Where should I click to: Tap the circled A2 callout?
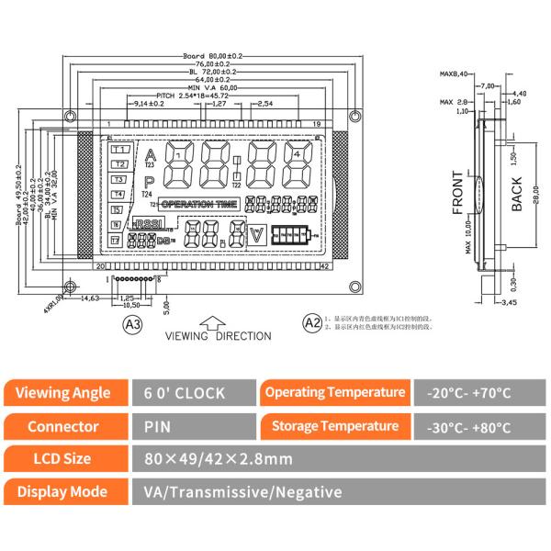tap(311, 321)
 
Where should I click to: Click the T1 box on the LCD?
tap(119, 150)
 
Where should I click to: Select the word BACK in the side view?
tap(516, 194)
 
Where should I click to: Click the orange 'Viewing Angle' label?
tap(69, 392)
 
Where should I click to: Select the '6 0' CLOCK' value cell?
tap(184, 393)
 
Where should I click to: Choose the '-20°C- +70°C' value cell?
tap(469, 393)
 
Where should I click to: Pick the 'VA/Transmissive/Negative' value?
tap(242, 491)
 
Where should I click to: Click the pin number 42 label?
tap(324, 266)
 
